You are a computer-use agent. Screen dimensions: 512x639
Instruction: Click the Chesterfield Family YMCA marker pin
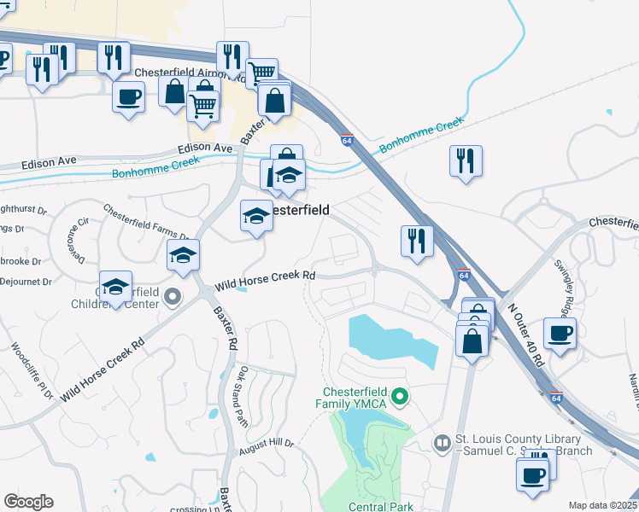pos(397,398)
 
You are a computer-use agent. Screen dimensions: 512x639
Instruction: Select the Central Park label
pos(381,507)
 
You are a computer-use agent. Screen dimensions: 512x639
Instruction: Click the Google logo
pos(28,502)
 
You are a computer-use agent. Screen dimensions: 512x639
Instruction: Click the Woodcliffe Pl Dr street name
pos(31,373)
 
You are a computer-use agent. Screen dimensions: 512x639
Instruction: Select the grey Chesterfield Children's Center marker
pos(173,297)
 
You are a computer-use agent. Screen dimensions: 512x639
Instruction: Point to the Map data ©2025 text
pos(602,505)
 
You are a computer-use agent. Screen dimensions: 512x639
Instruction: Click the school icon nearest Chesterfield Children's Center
pos(115,287)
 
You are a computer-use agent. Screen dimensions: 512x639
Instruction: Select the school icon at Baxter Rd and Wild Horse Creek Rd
pos(183,255)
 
